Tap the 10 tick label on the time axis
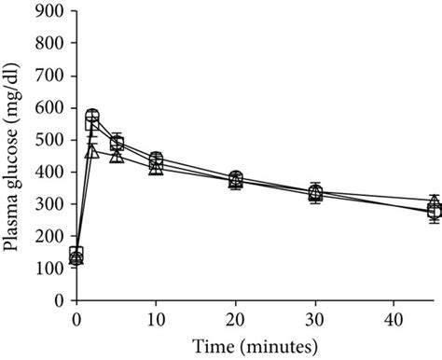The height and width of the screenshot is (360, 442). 156,318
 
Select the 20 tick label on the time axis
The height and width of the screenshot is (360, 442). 235,318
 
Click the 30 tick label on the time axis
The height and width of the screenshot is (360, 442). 315,318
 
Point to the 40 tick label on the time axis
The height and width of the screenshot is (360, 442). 394,318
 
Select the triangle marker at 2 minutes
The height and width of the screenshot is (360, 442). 91,150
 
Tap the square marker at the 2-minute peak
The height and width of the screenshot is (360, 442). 92,119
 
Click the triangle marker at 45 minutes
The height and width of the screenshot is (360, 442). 435,201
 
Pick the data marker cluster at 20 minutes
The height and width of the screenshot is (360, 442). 235,180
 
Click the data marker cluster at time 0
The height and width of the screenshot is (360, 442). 76,256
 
